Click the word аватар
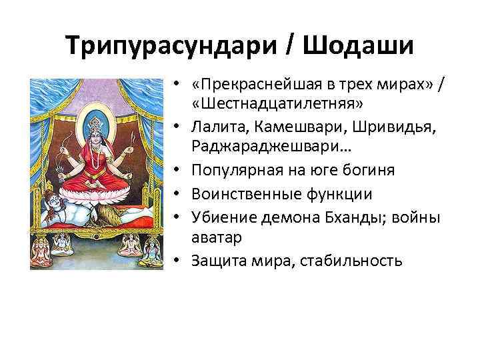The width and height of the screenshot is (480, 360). coord(214,236)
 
